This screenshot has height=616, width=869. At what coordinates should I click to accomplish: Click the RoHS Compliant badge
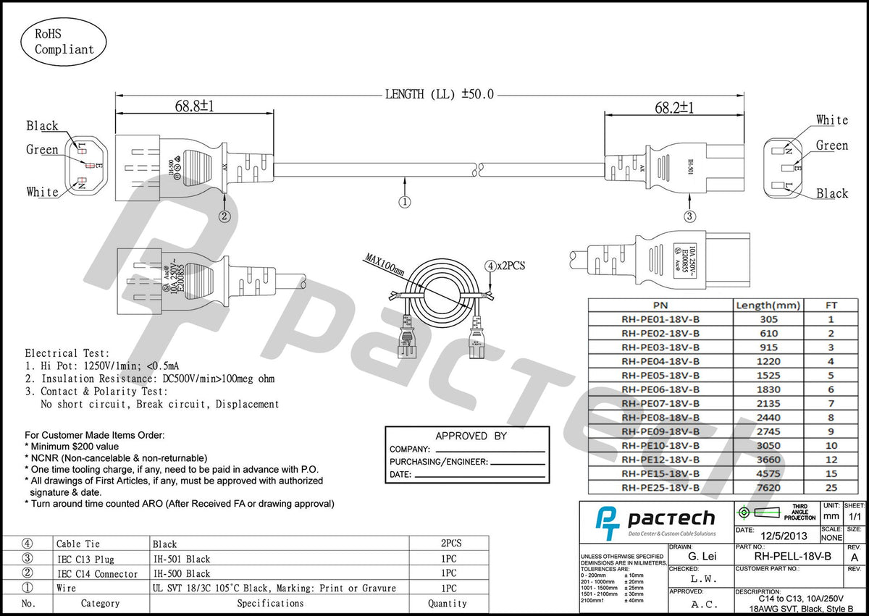click(x=64, y=41)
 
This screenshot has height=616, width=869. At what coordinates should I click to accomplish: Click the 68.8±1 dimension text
click(x=194, y=106)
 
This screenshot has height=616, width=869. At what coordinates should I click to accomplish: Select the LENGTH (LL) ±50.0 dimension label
click(x=439, y=94)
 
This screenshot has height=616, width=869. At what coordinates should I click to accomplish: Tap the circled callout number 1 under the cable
click(x=404, y=202)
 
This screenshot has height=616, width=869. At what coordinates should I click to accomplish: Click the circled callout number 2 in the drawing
click(x=224, y=216)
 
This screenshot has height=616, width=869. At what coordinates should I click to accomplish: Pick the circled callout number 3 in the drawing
click(x=689, y=216)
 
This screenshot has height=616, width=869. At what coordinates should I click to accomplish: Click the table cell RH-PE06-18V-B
click(x=660, y=389)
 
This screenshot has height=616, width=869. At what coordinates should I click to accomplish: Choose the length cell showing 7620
click(x=768, y=488)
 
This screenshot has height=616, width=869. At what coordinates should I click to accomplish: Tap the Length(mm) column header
click(x=768, y=305)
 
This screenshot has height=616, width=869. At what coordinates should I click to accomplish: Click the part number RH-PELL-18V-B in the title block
click(x=792, y=557)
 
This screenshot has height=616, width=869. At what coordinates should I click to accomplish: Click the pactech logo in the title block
click(x=655, y=520)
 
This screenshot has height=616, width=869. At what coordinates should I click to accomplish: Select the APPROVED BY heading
click(x=471, y=436)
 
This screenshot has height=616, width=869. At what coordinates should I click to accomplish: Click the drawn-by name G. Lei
click(x=702, y=557)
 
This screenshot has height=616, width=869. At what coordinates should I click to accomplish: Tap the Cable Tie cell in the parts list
click(x=78, y=544)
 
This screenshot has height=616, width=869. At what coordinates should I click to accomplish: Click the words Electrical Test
click(x=67, y=353)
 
